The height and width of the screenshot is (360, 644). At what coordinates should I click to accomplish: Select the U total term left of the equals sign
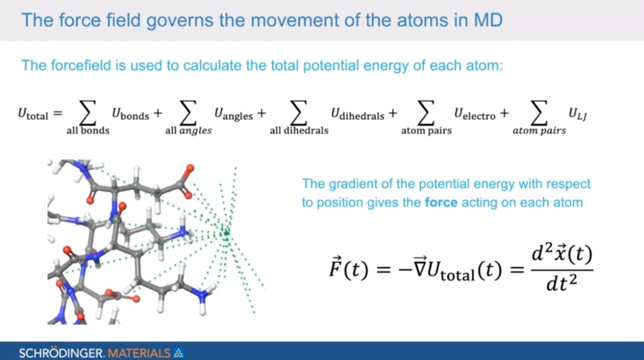[33, 114]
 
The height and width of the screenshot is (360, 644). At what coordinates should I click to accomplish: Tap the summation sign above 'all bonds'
[87, 113]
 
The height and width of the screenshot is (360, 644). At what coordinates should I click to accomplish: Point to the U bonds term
[131, 114]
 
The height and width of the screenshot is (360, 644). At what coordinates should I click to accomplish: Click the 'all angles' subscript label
[188, 131]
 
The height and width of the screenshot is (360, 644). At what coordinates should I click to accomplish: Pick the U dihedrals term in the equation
[358, 114]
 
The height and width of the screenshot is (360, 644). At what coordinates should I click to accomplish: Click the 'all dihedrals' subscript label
[299, 131]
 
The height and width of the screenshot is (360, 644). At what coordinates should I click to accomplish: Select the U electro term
[475, 114]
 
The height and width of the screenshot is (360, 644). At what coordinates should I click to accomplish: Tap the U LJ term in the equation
[578, 114]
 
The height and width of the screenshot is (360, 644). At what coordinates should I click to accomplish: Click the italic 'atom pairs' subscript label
[539, 131]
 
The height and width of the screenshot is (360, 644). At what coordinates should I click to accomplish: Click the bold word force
[441, 202]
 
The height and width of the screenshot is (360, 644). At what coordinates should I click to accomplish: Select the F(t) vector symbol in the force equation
[348, 267]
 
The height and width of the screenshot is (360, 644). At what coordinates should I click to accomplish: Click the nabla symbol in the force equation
[420, 266]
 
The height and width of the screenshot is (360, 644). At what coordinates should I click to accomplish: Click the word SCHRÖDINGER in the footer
[60, 353]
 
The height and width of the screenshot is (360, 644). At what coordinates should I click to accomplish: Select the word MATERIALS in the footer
[139, 353]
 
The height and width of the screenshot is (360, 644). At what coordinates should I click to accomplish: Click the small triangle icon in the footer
[179, 353]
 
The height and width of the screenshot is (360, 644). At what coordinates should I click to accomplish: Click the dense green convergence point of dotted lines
[226, 233]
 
